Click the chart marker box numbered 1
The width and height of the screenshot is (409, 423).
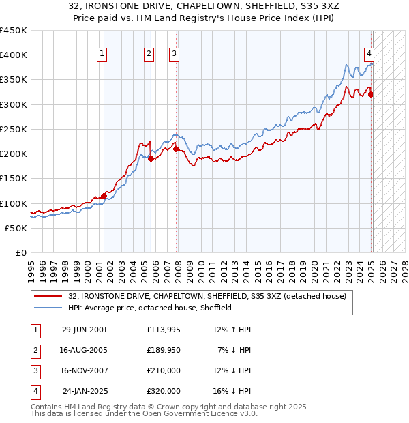(x=102, y=54)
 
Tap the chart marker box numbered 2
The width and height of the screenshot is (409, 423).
(x=149, y=54)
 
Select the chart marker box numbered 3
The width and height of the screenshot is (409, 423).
(x=174, y=54)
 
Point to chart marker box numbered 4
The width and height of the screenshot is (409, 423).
(x=369, y=54)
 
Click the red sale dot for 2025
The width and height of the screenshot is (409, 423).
(x=372, y=94)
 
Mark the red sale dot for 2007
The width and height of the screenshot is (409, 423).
(x=176, y=149)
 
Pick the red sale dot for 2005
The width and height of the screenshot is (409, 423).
(x=151, y=158)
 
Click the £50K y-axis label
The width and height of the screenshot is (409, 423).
(x=16, y=228)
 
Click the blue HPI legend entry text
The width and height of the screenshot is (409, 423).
(x=150, y=308)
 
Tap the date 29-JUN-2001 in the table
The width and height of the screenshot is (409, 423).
(x=85, y=330)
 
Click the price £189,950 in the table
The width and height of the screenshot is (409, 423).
(x=163, y=350)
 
